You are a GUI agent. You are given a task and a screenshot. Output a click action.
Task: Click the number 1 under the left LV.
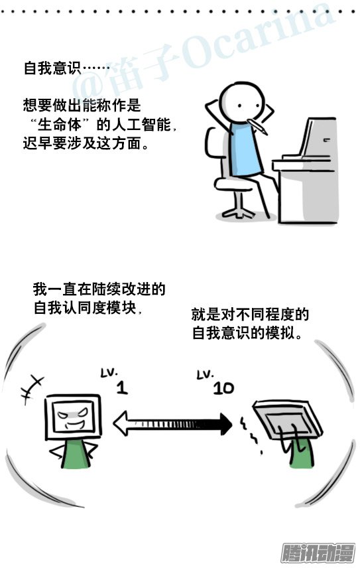pyautogui.click(x=122, y=388)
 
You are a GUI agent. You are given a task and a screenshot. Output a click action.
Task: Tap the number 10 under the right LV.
pyautogui.click(x=223, y=388)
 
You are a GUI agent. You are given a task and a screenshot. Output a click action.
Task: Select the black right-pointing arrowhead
pyautogui.click(x=224, y=424)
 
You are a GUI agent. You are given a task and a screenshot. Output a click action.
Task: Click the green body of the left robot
pyautogui.click(x=76, y=453)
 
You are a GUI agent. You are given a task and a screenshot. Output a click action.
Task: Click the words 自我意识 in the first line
pyautogui.click(x=52, y=68)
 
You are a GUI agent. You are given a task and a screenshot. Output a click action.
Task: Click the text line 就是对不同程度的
pyautogui.click(x=250, y=314)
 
